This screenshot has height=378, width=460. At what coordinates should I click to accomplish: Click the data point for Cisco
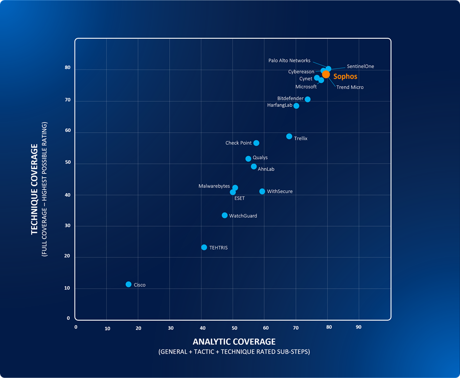tap(128, 285)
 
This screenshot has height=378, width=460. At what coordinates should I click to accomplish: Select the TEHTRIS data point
tap(204, 247)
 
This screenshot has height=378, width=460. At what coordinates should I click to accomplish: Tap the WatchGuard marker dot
tap(224, 216)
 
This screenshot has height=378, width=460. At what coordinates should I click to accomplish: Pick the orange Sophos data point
tap(326, 75)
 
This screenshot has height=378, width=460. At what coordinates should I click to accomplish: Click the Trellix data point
tap(289, 136)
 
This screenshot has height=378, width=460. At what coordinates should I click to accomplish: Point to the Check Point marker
tap(256, 143)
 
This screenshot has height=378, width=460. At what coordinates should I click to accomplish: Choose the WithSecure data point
tap(262, 192)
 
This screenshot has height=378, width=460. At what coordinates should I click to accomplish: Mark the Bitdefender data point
tap(308, 99)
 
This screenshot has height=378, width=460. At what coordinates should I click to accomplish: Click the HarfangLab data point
tap(296, 106)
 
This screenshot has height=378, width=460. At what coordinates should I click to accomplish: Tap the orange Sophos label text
tap(345, 76)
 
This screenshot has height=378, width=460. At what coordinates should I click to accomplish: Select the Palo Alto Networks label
tap(289, 61)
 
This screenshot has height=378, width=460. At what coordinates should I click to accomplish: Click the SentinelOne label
tap(360, 66)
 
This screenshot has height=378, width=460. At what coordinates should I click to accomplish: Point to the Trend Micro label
tap(350, 87)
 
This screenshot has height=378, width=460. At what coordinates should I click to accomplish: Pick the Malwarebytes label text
tap(214, 186)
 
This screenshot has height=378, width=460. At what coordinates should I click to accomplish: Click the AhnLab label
tap(266, 169)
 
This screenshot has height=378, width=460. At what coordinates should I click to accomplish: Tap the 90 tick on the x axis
tap(359, 327)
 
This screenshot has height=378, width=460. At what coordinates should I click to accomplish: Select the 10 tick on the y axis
tap(66, 289)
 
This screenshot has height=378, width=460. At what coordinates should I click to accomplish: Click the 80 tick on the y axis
tap(67, 68)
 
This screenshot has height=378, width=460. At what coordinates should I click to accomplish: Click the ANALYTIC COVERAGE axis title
tap(234, 342)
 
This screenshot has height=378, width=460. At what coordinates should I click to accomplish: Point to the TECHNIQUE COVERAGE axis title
tap(35, 189)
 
